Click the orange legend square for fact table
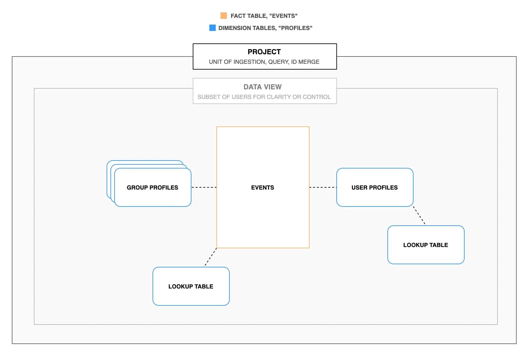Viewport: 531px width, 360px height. click(224, 16)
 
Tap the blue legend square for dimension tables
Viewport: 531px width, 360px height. click(213, 28)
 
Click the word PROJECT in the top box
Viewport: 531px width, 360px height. click(264, 52)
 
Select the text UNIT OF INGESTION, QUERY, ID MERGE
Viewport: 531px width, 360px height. click(264, 62)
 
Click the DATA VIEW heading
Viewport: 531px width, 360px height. click(263, 87)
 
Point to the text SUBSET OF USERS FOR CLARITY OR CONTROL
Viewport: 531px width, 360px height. click(264, 97)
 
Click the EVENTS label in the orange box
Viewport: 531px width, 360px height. click(263, 187)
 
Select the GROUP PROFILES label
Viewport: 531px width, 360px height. click(153, 187)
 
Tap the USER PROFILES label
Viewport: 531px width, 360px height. click(375, 187)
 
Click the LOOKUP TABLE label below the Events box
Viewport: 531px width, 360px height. click(191, 286)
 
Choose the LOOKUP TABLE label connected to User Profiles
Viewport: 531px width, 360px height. click(426, 245)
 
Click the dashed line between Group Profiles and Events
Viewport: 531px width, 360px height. click(204, 187)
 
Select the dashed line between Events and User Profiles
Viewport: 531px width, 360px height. click(323, 187)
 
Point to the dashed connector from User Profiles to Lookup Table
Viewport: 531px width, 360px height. click(419, 215)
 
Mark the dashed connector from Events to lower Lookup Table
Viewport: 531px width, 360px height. click(211, 257)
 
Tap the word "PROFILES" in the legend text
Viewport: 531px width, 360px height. click(295, 28)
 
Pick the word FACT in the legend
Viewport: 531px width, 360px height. click(237, 16)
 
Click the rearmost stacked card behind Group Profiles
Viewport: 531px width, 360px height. click(108, 179)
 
